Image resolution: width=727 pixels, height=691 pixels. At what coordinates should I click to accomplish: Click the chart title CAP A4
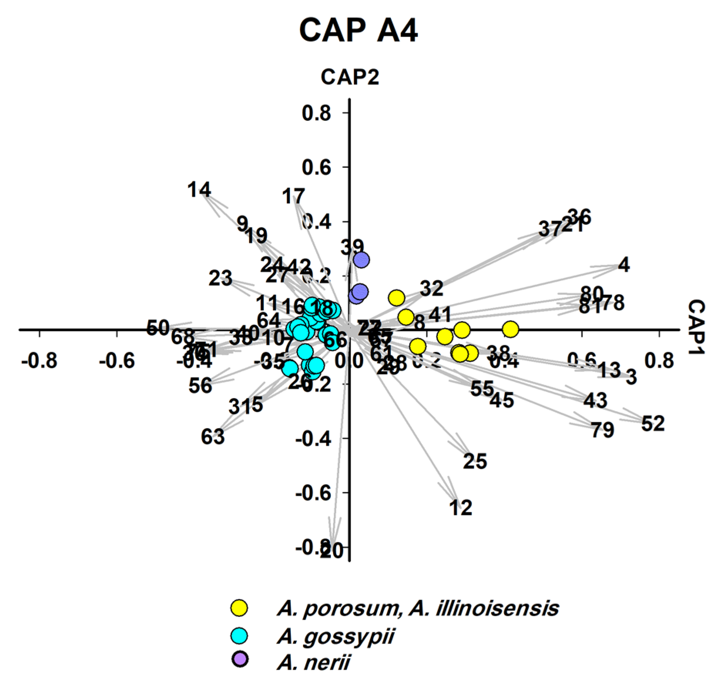(358, 31)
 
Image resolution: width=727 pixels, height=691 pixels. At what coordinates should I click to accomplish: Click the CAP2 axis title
(350, 77)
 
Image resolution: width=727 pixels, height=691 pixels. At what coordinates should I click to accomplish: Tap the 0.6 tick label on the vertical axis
(317, 167)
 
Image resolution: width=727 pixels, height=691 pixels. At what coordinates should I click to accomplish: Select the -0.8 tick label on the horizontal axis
(39, 361)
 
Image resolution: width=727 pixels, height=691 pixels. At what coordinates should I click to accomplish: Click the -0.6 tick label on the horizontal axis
(117, 361)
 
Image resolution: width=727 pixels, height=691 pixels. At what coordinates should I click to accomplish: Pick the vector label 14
(199, 190)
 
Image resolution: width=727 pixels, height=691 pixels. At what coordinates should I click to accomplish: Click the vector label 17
(293, 196)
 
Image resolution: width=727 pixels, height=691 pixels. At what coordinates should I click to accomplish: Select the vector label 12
(461, 508)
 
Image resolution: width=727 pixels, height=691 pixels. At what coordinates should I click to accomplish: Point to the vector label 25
(475, 461)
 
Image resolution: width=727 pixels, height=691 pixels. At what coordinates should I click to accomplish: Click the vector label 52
(653, 423)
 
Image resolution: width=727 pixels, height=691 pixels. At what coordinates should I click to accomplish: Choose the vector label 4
(624, 265)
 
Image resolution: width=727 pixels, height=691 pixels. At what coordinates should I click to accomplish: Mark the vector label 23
(221, 278)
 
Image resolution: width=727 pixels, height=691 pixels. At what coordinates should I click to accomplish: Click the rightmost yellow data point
(511, 329)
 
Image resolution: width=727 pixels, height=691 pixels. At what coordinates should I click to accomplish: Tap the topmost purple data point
(362, 260)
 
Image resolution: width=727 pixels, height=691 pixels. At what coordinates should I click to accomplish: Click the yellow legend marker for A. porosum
(240, 608)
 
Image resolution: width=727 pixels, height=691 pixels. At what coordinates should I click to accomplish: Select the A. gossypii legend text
(335, 636)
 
